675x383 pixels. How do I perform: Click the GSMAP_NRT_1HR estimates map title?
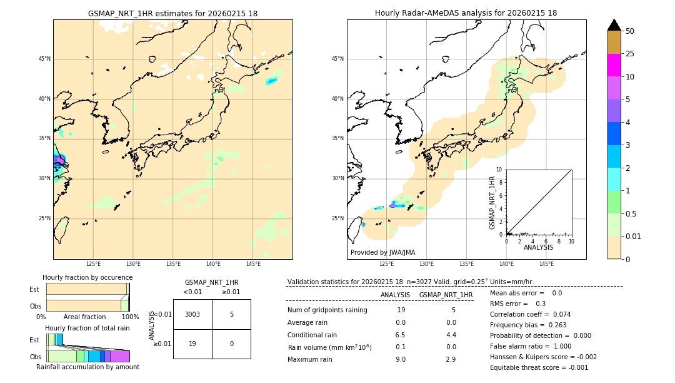pyautogui.click(x=172, y=13)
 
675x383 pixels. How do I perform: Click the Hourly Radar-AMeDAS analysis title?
pyautogui.click(x=466, y=13)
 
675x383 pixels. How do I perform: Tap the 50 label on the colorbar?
pyautogui.click(x=630, y=31)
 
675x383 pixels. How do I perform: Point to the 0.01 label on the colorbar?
pyautogui.click(x=634, y=236)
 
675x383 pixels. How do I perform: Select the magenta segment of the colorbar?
pyautogui.click(x=614, y=65)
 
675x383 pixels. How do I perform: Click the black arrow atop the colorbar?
pyautogui.click(x=614, y=25)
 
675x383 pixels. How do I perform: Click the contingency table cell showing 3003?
pyautogui.click(x=192, y=314)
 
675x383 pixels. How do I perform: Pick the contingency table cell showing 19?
pyautogui.click(x=192, y=344)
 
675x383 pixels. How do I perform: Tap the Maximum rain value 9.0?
pyautogui.click(x=401, y=359)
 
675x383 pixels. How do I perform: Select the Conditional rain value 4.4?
pyautogui.click(x=451, y=335)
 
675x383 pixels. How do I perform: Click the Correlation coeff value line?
pyautogui.click(x=530, y=314)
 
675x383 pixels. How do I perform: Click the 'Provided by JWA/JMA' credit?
pyautogui.click(x=382, y=253)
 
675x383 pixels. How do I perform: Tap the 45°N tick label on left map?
pyautogui.click(x=44, y=59)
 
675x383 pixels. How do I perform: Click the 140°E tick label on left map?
pyautogui.click(x=213, y=264)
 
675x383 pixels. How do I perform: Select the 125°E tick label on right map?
pyautogui.click(x=387, y=264)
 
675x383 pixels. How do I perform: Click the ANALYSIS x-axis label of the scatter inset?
pyautogui.click(x=538, y=247)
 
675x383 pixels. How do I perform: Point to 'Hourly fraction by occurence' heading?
pyautogui.click(x=87, y=277)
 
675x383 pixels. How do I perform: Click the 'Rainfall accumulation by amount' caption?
pyautogui.click(x=87, y=367)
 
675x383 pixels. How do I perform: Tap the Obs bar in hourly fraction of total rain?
pyautogui.click(x=87, y=356)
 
